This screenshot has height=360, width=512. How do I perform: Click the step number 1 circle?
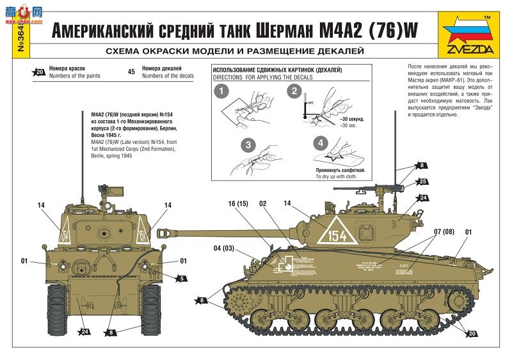click(221, 91)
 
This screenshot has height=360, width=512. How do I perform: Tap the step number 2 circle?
click(294, 91)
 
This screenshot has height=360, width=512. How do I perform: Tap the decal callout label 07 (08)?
click(444, 231)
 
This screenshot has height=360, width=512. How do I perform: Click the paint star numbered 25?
click(422, 182)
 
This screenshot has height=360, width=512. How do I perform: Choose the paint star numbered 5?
click(182, 278)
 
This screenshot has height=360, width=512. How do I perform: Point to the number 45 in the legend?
click(131, 72)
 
